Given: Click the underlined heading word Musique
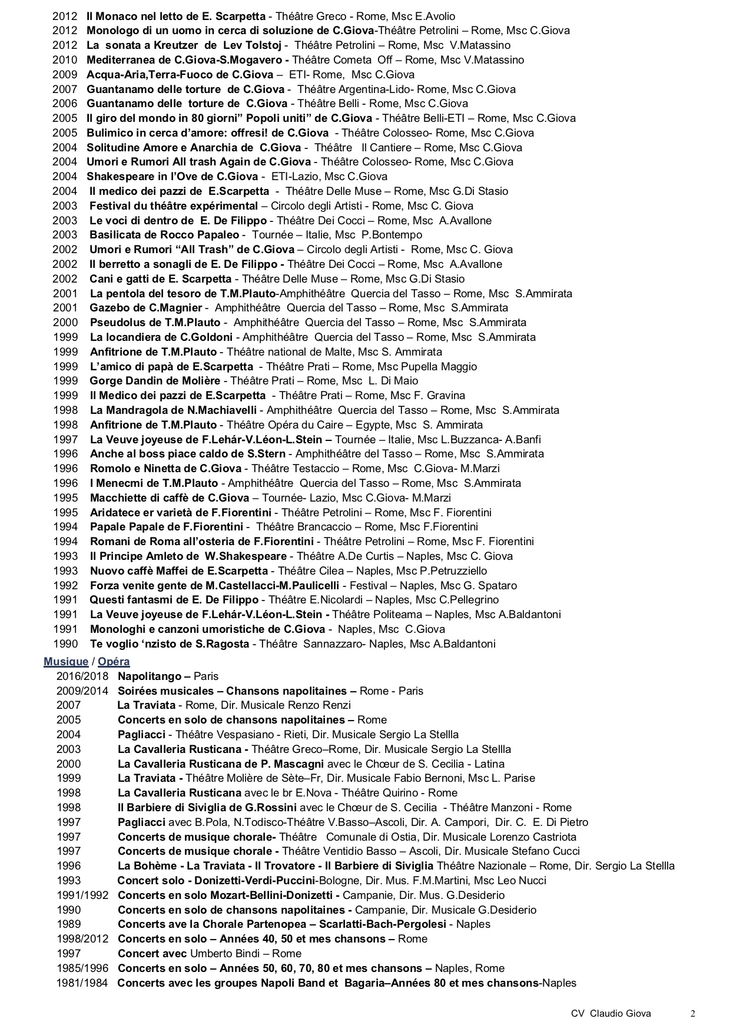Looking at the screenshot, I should point(65,662).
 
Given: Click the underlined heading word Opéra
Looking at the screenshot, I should point(114,662).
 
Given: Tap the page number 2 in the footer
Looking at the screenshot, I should point(693,1014).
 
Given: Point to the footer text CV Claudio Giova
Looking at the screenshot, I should point(610,1014).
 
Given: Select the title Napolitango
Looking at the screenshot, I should point(153,676).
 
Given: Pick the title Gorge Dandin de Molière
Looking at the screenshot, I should point(155,381).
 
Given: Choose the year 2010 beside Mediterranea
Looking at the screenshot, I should point(65,60).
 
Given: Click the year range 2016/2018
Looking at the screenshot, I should point(82,676).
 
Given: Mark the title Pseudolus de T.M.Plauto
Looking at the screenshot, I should point(155,323).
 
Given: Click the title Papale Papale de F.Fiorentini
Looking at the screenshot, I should point(167,527).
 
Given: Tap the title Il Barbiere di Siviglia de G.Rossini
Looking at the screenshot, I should point(207,808).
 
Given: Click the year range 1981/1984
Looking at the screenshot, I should point(82,983).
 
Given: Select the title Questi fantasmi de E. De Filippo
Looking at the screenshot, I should point(174,600).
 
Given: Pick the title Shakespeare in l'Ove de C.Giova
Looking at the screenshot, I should point(172,177).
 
